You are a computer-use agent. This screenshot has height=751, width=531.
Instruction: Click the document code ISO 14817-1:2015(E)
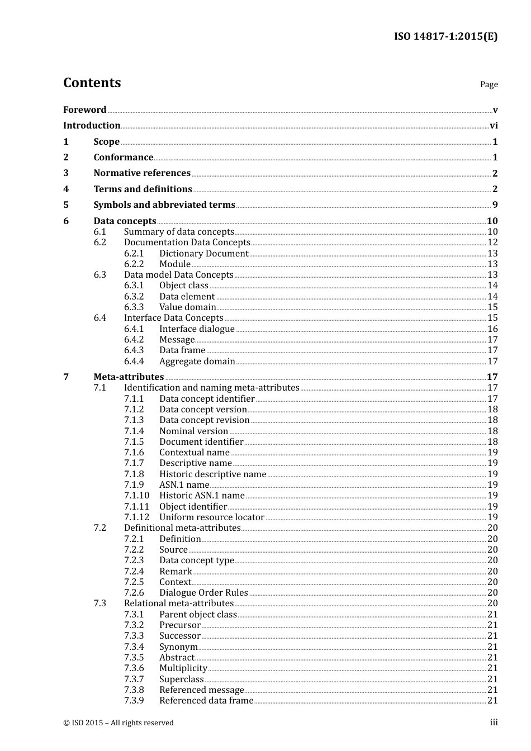pos(445,37)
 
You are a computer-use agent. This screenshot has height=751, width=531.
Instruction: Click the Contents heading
pos(92,83)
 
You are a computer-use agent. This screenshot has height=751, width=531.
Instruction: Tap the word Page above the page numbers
pos(489,84)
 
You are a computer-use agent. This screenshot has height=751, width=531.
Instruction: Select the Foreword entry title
pos(84,110)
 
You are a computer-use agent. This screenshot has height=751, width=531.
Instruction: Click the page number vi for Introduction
pos(494,126)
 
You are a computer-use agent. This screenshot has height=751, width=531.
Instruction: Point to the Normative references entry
pos(142,173)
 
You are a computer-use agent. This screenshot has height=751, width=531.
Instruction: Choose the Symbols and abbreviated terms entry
pos(164,205)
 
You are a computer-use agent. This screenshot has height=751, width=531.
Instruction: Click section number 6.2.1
pos(134,254)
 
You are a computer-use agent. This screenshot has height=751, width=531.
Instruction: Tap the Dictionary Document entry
pos(203,254)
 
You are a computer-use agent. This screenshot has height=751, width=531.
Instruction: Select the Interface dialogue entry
pos(197,329)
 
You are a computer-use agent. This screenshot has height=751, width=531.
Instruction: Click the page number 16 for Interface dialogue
pos(492,329)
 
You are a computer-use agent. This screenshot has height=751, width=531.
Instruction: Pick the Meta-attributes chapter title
pos(129,377)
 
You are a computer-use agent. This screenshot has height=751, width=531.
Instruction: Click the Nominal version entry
pos(193,431)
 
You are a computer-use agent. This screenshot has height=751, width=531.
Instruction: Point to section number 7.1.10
pos(136,496)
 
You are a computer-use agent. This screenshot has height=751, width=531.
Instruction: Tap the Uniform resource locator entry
pos(211,517)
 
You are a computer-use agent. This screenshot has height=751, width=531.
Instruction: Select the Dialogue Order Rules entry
pos(203,593)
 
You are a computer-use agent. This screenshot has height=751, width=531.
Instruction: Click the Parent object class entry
pos(198,615)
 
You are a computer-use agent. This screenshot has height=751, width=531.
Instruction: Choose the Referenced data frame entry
pos(206,701)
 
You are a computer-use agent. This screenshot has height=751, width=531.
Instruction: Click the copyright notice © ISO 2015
pos(118,723)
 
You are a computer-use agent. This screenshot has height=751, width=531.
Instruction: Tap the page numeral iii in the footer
pos(494,723)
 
